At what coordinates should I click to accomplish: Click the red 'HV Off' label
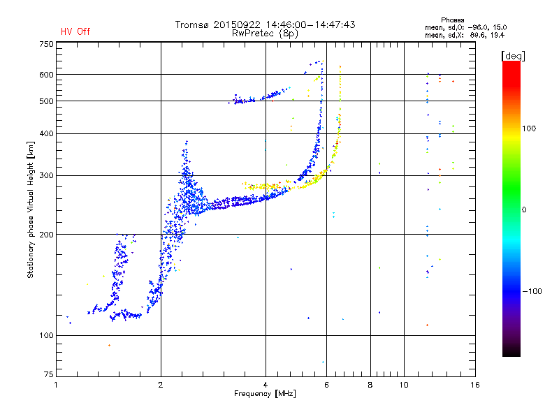click(x=75, y=31)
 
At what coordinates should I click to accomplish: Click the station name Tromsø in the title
click(x=192, y=24)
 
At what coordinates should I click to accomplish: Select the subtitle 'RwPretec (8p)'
click(x=265, y=34)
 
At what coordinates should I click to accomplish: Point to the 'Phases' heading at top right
click(x=452, y=20)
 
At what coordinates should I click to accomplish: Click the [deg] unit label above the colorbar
click(x=513, y=56)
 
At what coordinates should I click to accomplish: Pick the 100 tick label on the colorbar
click(x=529, y=128)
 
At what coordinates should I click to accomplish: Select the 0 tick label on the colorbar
click(x=524, y=210)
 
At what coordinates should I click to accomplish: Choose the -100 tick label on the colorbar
click(x=532, y=291)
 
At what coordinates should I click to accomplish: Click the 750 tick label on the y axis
click(x=47, y=44)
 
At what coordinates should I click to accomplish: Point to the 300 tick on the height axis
click(x=47, y=175)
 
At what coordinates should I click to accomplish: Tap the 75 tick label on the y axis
click(x=49, y=374)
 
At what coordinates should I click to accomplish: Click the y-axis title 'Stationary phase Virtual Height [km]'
click(x=30, y=209)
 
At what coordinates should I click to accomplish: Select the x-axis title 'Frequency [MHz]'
click(x=265, y=394)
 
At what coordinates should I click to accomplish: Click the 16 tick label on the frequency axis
click(x=475, y=385)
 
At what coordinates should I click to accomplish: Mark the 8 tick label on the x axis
click(x=370, y=385)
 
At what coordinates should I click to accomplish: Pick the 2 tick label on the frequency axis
click(x=161, y=385)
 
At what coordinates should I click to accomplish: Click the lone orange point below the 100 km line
click(x=109, y=345)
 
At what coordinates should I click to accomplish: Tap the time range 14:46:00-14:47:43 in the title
click(x=310, y=24)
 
